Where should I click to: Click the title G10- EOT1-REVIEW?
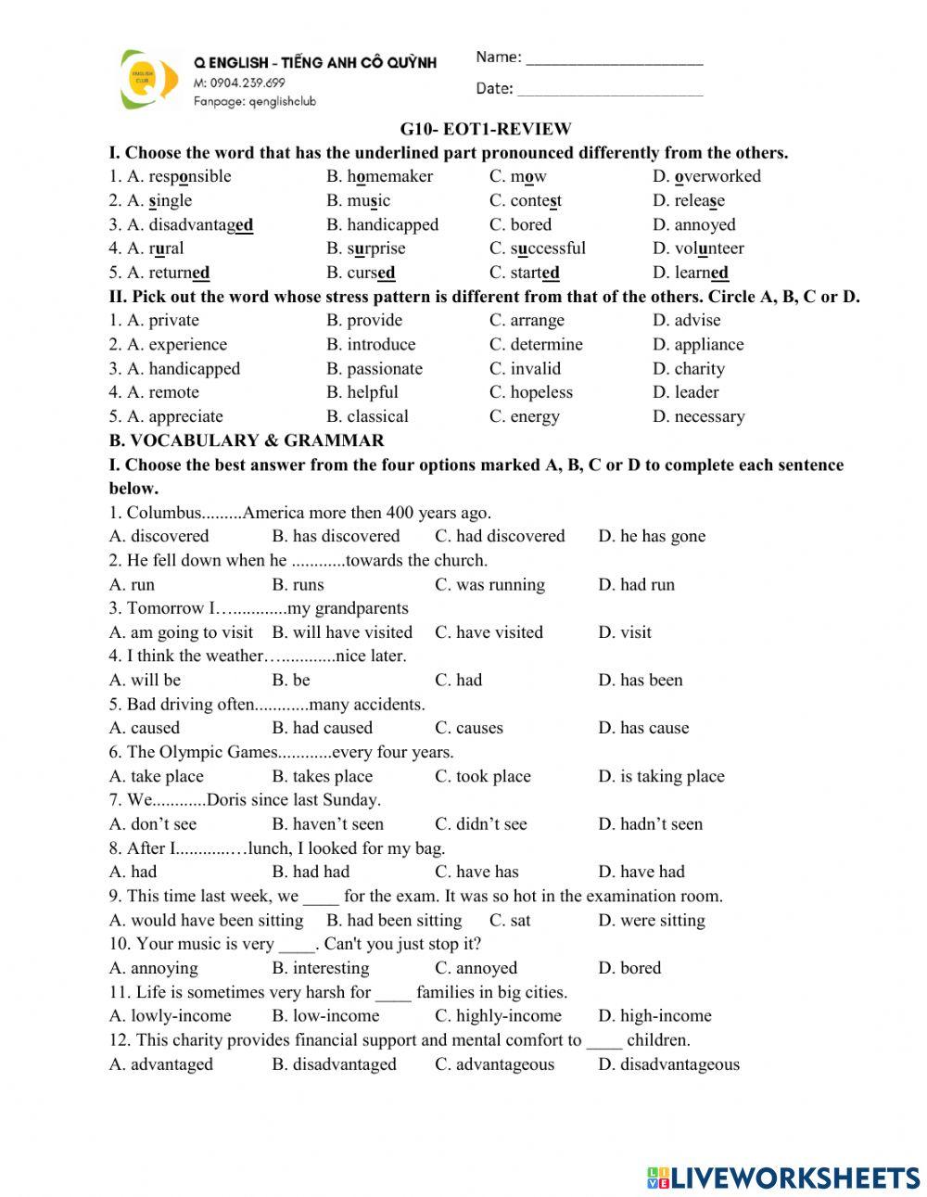click(486, 129)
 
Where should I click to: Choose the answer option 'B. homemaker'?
click(379, 176)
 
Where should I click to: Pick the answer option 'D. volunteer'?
click(697, 248)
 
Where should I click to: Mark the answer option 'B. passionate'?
click(374, 368)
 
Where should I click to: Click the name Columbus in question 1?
click(164, 513)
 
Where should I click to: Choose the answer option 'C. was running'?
click(489, 584)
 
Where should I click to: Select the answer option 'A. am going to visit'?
click(181, 632)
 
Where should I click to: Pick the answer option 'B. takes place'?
click(322, 776)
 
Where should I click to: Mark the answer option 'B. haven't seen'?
click(327, 824)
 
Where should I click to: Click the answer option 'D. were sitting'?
click(651, 920)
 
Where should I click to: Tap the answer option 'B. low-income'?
click(325, 1016)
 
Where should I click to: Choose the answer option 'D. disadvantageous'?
click(668, 1064)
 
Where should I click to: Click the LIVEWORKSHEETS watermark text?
click(783, 1178)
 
